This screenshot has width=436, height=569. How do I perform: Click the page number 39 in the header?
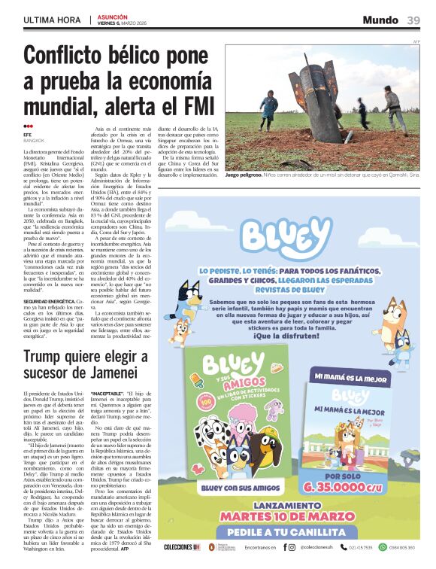click(413, 20)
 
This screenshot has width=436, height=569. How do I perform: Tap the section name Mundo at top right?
click(380, 20)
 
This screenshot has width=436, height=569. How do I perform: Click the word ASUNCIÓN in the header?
click(113, 16)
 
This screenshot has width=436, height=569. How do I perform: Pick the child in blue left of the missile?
click(268, 109)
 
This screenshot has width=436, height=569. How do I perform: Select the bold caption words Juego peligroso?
click(244, 174)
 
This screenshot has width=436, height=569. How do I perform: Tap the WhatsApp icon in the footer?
click(383, 547)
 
